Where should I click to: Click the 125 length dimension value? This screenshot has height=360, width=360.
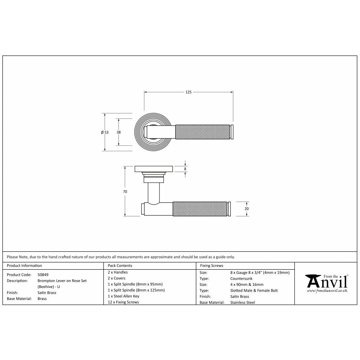188,92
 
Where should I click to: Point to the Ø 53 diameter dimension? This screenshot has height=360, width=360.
105,132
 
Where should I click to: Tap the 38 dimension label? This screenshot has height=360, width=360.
118,132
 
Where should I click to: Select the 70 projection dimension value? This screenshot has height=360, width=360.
125,192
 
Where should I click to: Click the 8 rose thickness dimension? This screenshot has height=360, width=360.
185,169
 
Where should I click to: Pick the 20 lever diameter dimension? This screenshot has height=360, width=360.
247,209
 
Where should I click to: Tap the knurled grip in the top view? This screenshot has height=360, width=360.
202,132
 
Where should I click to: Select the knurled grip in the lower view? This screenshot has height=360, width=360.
200,209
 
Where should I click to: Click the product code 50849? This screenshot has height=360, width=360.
43,275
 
